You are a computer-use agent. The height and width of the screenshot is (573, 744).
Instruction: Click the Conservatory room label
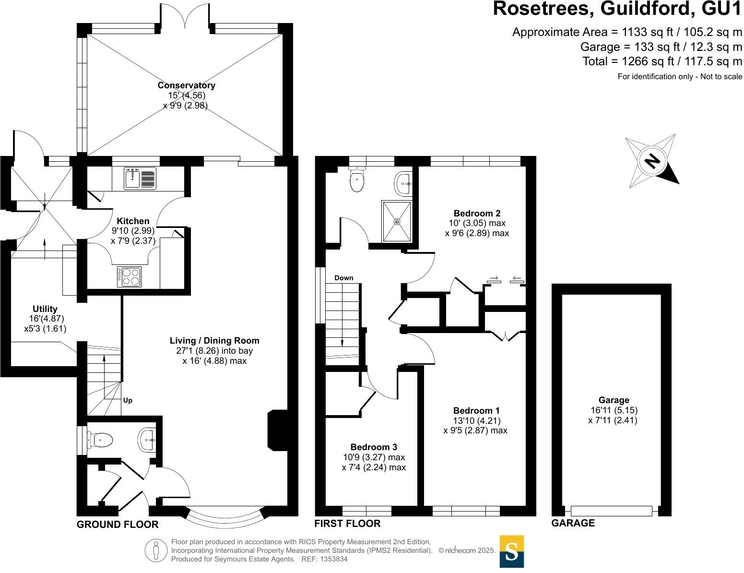click(x=186, y=85)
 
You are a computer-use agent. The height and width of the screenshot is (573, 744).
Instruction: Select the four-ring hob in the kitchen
click(x=129, y=277)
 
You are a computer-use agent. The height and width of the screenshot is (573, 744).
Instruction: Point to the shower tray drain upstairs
click(x=397, y=221)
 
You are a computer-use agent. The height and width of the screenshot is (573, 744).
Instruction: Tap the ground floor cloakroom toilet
click(x=100, y=439)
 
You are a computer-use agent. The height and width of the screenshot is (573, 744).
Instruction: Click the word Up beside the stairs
click(x=128, y=400)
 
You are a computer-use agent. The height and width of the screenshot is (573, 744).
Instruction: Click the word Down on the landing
click(x=343, y=278)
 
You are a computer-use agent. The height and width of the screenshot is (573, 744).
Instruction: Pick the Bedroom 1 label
click(x=476, y=410)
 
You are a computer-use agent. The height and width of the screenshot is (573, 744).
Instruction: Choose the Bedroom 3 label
click(x=373, y=447)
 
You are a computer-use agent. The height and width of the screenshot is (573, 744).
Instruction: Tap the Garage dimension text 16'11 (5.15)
click(x=614, y=410)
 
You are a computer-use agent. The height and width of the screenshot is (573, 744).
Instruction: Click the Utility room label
click(x=45, y=309)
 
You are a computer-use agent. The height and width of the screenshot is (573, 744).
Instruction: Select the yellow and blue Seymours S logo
click(x=511, y=551)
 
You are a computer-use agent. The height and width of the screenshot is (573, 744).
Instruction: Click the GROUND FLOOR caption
click(x=118, y=525)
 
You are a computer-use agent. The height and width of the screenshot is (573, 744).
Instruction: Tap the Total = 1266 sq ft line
click(x=662, y=61)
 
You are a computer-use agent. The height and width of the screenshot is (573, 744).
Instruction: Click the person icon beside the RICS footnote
click(x=155, y=550)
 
